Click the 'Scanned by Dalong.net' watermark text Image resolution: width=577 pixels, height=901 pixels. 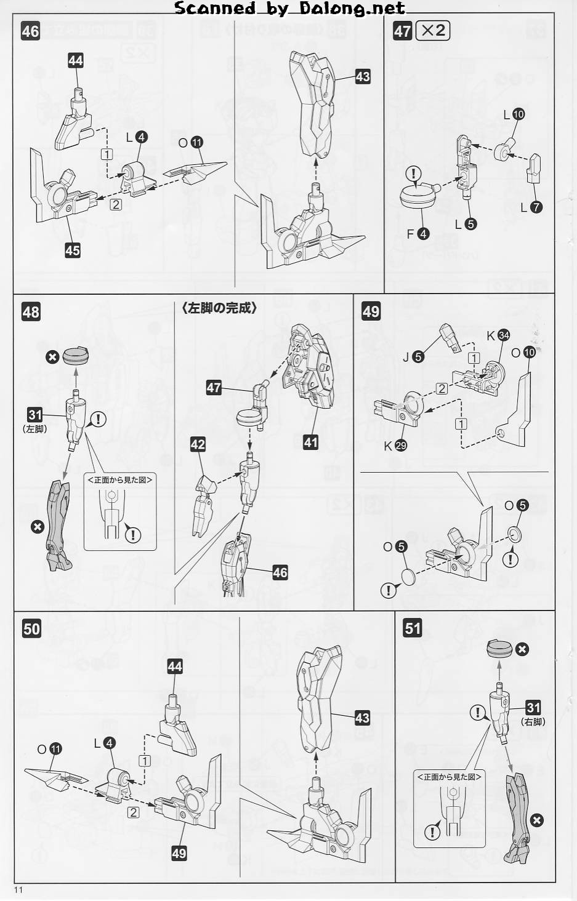coord(289,8)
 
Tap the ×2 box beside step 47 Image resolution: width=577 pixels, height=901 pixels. coord(432,31)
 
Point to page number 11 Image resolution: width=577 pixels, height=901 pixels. coord(18,889)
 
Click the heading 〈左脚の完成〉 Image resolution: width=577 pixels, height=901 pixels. coord(219,308)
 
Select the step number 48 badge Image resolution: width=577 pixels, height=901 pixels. coord(31,312)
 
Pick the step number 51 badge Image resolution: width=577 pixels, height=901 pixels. coord(413,628)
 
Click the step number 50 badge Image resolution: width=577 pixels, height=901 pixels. coord(31,629)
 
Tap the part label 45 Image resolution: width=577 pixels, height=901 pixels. coord(73,250)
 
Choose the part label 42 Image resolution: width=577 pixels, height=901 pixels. coord(198,444)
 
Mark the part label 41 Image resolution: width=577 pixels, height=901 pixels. coord(310,442)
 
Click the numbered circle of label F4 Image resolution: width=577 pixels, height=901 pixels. coord(423,234)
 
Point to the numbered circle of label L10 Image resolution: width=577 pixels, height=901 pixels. coord(518,114)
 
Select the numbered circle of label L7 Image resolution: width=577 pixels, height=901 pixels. coord(536,207)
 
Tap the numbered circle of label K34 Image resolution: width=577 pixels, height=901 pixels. coord(504,335)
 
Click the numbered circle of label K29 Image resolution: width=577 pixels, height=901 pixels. coord(401,446)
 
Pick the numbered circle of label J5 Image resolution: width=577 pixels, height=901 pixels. coord(419,357)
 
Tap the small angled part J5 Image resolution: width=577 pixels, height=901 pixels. coord(450,338)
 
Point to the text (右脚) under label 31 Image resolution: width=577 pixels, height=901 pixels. coord(533,722)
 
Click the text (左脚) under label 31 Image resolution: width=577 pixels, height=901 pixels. coord(35,429)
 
